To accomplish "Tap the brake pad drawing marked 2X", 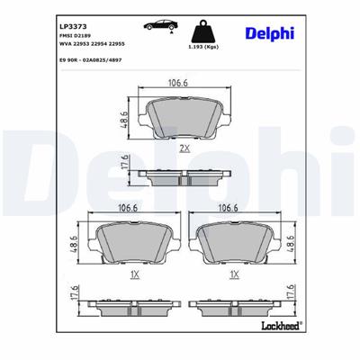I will coord(184,114).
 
